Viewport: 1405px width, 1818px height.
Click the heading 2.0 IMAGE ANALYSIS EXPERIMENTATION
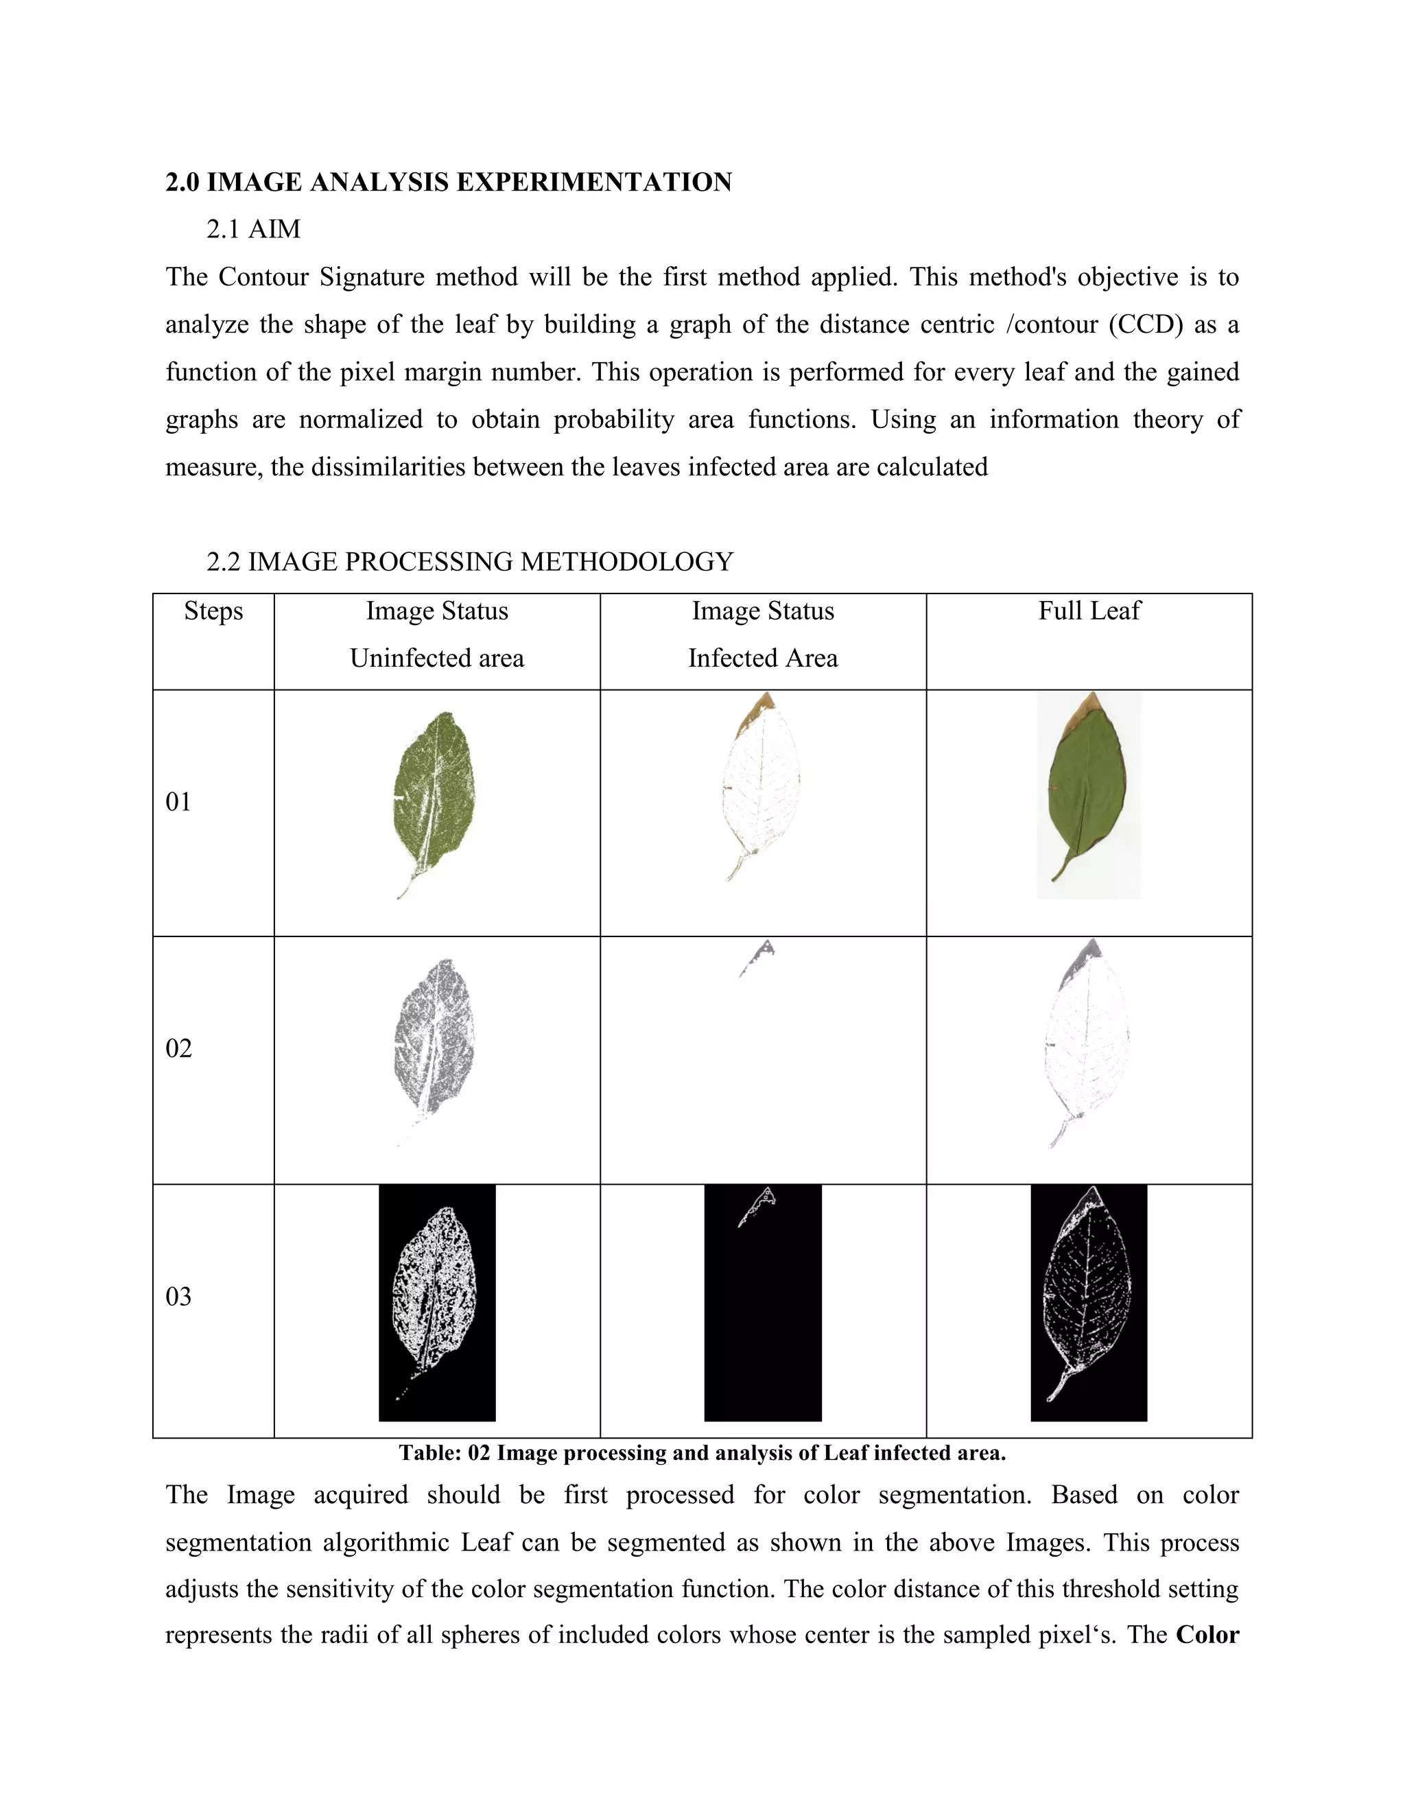[x=448, y=182]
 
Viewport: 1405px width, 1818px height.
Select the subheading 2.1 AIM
[x=253, y=229]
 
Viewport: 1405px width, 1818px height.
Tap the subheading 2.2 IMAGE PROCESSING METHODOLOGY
[x=469, y=562]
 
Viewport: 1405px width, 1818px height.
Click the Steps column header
[x=213, y=611]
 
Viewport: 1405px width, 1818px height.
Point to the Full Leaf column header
[x=1089, y=611]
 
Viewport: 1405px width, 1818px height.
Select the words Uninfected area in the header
[x=436, y=659]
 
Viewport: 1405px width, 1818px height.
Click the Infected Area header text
[x=762, y=659]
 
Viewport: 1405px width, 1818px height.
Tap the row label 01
[x=178, y=801]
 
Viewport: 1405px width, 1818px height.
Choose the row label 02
[x=178, y=1048]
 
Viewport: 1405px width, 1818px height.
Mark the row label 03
[x=178, y=1296]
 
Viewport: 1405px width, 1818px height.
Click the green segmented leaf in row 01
[x=434, y=791]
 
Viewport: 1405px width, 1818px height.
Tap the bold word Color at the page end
[x=1207, y=1634]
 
